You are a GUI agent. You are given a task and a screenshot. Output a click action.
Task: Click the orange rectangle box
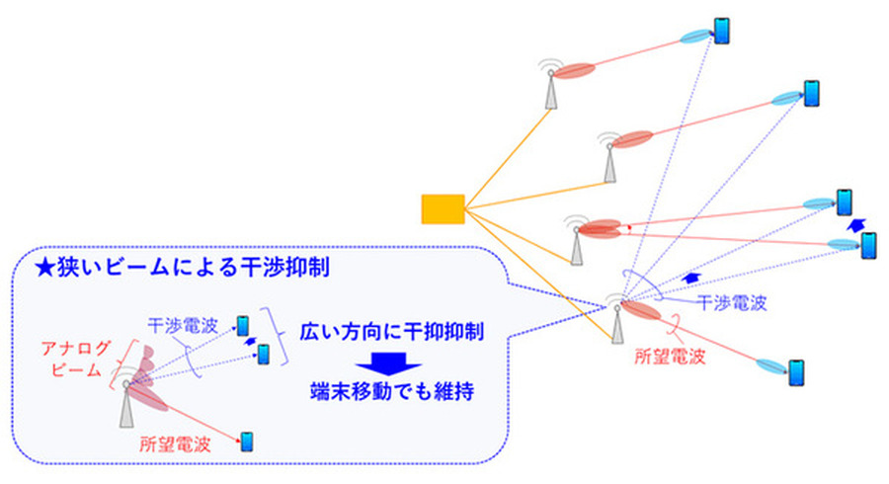click(x=443, y=209)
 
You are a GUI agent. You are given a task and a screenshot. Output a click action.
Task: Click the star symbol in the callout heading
click(x=41, y=268)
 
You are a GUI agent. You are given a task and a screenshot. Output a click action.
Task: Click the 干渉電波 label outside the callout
click(x=732, y=302)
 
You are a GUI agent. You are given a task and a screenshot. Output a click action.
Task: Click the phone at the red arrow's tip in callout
click(x=247, y=441)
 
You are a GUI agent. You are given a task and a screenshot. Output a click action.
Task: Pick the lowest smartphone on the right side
click(x=796, y=373)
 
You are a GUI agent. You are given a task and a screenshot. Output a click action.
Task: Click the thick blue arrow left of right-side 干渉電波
click(x=693, y=280)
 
